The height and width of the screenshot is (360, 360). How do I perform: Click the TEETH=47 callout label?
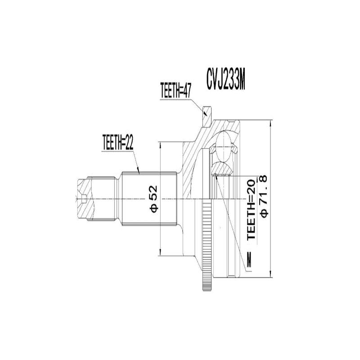pyautogui.click(x=176, y=90)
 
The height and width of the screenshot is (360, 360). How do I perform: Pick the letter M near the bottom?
pyautogui.click(x=250, y=261)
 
